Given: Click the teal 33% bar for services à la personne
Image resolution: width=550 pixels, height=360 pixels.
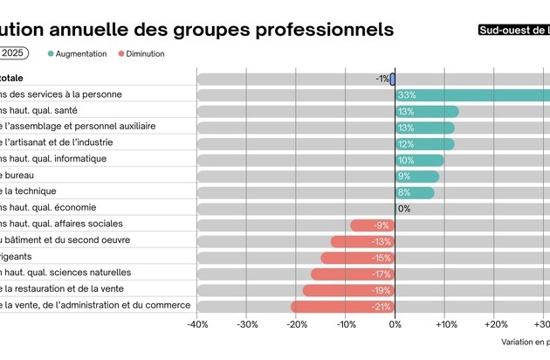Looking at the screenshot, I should pos(471,95).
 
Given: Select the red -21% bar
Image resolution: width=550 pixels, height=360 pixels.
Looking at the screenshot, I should pos(342,307).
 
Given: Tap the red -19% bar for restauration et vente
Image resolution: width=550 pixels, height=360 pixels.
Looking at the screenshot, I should pos(348,290).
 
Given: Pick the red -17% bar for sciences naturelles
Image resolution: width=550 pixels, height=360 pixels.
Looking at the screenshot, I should pos(353,274).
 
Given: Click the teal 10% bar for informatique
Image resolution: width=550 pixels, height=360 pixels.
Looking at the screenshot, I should pos(419,160).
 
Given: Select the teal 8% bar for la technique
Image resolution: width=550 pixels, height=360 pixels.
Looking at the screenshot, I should pos(414,192).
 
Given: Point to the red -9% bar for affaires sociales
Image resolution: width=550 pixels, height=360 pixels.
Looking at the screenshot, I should pos(373,225).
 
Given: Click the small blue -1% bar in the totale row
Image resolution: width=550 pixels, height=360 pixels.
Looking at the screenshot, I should pos(393,79).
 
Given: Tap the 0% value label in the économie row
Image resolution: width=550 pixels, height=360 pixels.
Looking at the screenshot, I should pos(404,209).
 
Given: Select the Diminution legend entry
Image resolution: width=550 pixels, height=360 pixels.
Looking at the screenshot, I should pos(141,53).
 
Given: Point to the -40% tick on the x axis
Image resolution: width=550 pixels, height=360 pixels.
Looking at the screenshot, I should pos(197,325).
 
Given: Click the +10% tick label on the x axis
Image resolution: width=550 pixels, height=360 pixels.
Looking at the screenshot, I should pos(445,325).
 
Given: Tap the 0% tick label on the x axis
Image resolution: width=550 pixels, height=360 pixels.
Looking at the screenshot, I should pos(395,325).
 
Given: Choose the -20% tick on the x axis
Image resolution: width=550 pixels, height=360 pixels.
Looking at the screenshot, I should pos(296,325).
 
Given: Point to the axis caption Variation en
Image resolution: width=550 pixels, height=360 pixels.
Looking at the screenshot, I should pos(525,343).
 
